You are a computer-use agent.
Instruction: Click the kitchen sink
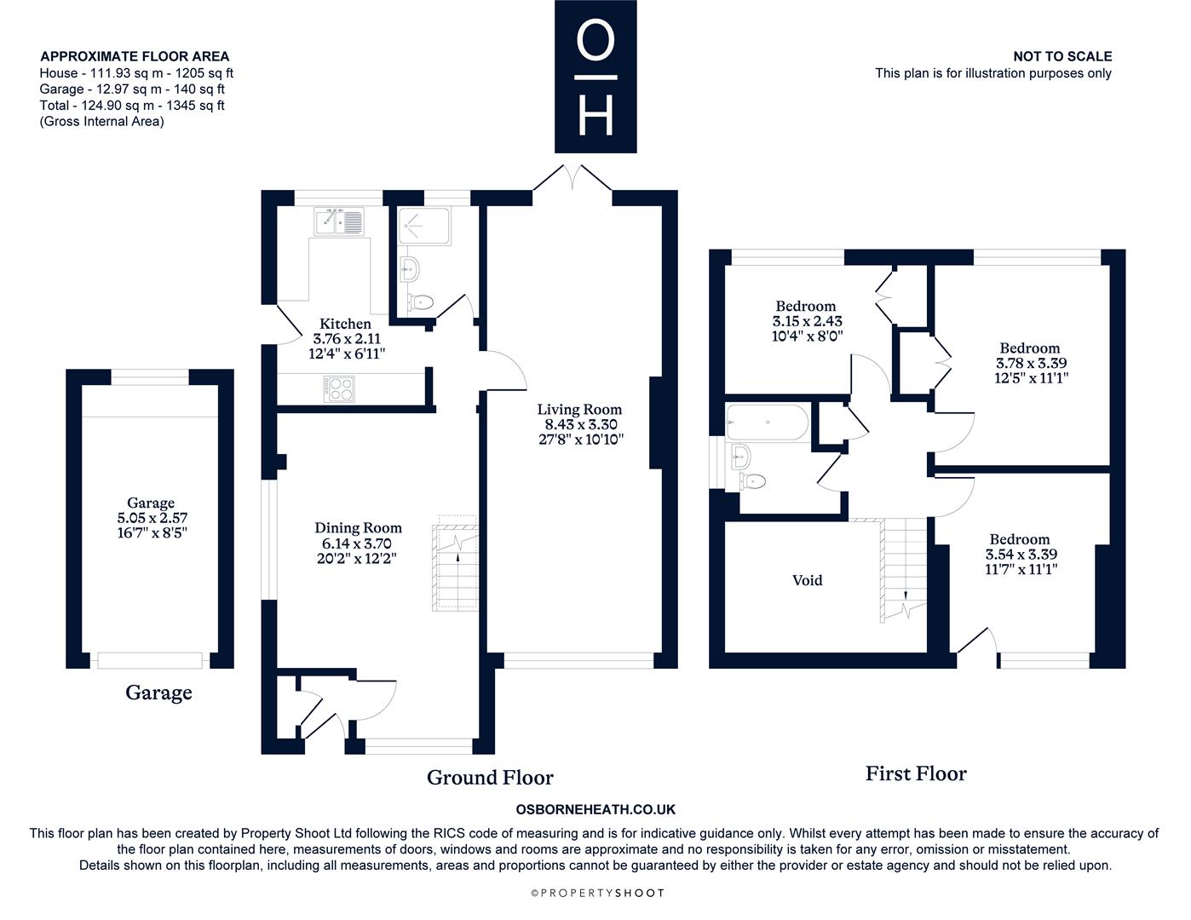[x=339, y=221]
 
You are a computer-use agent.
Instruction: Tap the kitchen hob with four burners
[x=339, y=389]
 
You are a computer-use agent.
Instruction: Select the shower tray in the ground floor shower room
[x=423, y=225]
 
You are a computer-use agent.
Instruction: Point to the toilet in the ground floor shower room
[x=420, y=302]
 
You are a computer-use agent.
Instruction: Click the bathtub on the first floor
[x=767, y=423]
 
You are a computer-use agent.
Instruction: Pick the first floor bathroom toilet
[x=752, y=482]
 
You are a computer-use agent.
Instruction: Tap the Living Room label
[x=579, y=410]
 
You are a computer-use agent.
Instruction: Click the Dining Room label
[x=358, y=527]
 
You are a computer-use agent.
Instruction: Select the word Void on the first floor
[x=808, y=580]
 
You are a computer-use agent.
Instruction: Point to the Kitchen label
[x=345, y=324]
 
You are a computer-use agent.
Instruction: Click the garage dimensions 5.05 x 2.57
[x=152, y=518]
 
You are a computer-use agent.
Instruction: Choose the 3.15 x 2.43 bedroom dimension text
[x=808, y=321]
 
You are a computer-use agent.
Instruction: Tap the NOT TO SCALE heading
[x=1062, y=56]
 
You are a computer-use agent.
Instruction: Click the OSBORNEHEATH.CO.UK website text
[x=595, y=809]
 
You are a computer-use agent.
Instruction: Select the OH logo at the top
[x=595, y=77]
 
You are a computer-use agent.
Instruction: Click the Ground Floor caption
[x=490, y=778]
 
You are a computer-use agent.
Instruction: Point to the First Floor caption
[x=916, y=773]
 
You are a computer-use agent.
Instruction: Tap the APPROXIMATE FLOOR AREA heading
[x=135, y=56]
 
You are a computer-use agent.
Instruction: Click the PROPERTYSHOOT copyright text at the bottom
[x=597, y=893]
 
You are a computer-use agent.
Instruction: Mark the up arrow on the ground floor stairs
[x=458, y=557]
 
